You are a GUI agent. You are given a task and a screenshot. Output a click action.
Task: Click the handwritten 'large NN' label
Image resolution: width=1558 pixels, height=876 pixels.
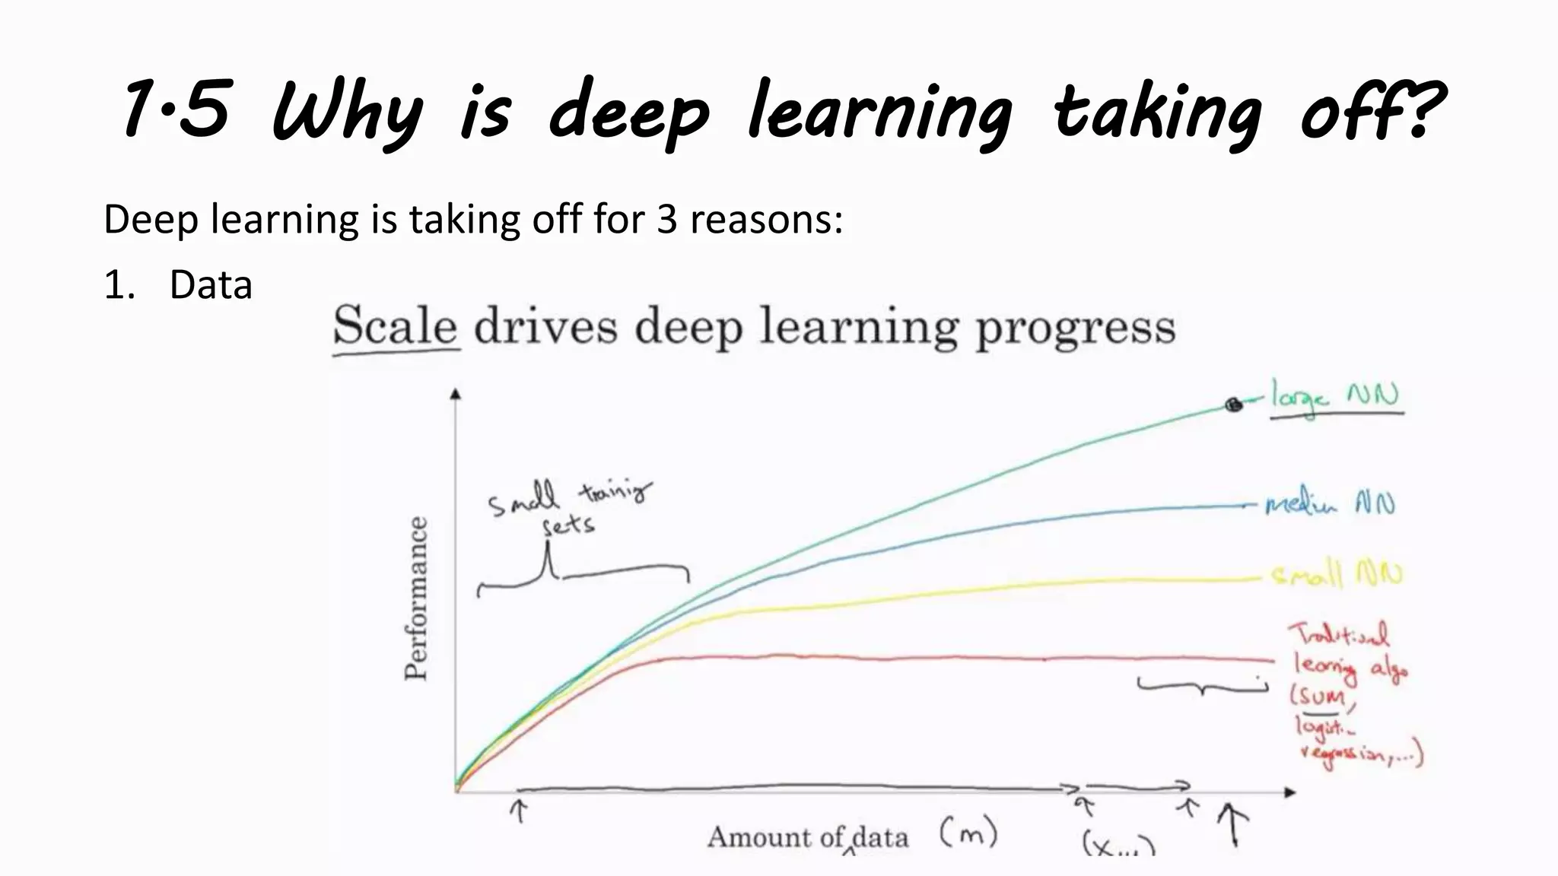pyautogui.click(x=1336, y=398)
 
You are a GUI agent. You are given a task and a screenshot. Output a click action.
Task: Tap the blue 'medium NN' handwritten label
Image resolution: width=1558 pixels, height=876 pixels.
pyautogui.click(x=1330, y=504)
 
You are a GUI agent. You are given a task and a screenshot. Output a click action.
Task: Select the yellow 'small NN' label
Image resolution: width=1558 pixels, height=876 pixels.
pyautogui.click(x=1337, y=575)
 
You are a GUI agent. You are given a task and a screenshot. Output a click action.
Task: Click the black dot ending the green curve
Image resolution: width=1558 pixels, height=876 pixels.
pyautogui.click(x=1233, y=405)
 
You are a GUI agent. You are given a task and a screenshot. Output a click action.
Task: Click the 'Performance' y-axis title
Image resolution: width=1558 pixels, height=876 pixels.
pyautogui.click(x=416, y=599)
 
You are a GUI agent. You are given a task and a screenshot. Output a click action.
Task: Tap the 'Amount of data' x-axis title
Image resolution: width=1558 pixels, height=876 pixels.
pyautogui.click(x=808, y=837)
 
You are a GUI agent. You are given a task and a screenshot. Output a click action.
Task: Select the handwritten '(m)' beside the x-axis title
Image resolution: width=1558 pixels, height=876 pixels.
pyautogui.click(x=968, y=833)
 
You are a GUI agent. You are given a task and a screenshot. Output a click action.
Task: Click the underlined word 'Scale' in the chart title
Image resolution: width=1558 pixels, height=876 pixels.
pyautogui.click(x=396, y=327)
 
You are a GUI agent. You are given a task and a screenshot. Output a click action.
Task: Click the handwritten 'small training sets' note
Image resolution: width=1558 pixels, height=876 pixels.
pyautogui.click(x=568, y=506)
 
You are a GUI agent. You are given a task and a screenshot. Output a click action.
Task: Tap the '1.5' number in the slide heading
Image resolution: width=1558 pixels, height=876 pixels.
pyautogui.click(x=176, y=111)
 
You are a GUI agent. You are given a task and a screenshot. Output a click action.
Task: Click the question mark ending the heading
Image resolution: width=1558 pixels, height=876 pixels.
pyautogui.click(x=1421, y=111)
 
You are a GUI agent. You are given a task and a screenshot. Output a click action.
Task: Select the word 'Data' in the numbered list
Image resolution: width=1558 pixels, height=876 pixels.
pyautogui.click(x=211, y=286)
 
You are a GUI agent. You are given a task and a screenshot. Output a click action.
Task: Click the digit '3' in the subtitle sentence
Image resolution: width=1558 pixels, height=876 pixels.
pyautogui.click(x=666, y=220)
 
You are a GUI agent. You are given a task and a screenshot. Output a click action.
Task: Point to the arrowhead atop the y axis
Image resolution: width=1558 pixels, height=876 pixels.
pyautogui.click(x=456, y=393)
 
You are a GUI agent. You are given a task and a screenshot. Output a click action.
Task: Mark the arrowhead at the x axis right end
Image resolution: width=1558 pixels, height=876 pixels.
pyautogui.click(x=1289, y=792)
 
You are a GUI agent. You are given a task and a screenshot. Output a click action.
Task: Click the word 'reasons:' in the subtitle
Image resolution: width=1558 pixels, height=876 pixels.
pyautogui.click(x=766, y=220)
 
